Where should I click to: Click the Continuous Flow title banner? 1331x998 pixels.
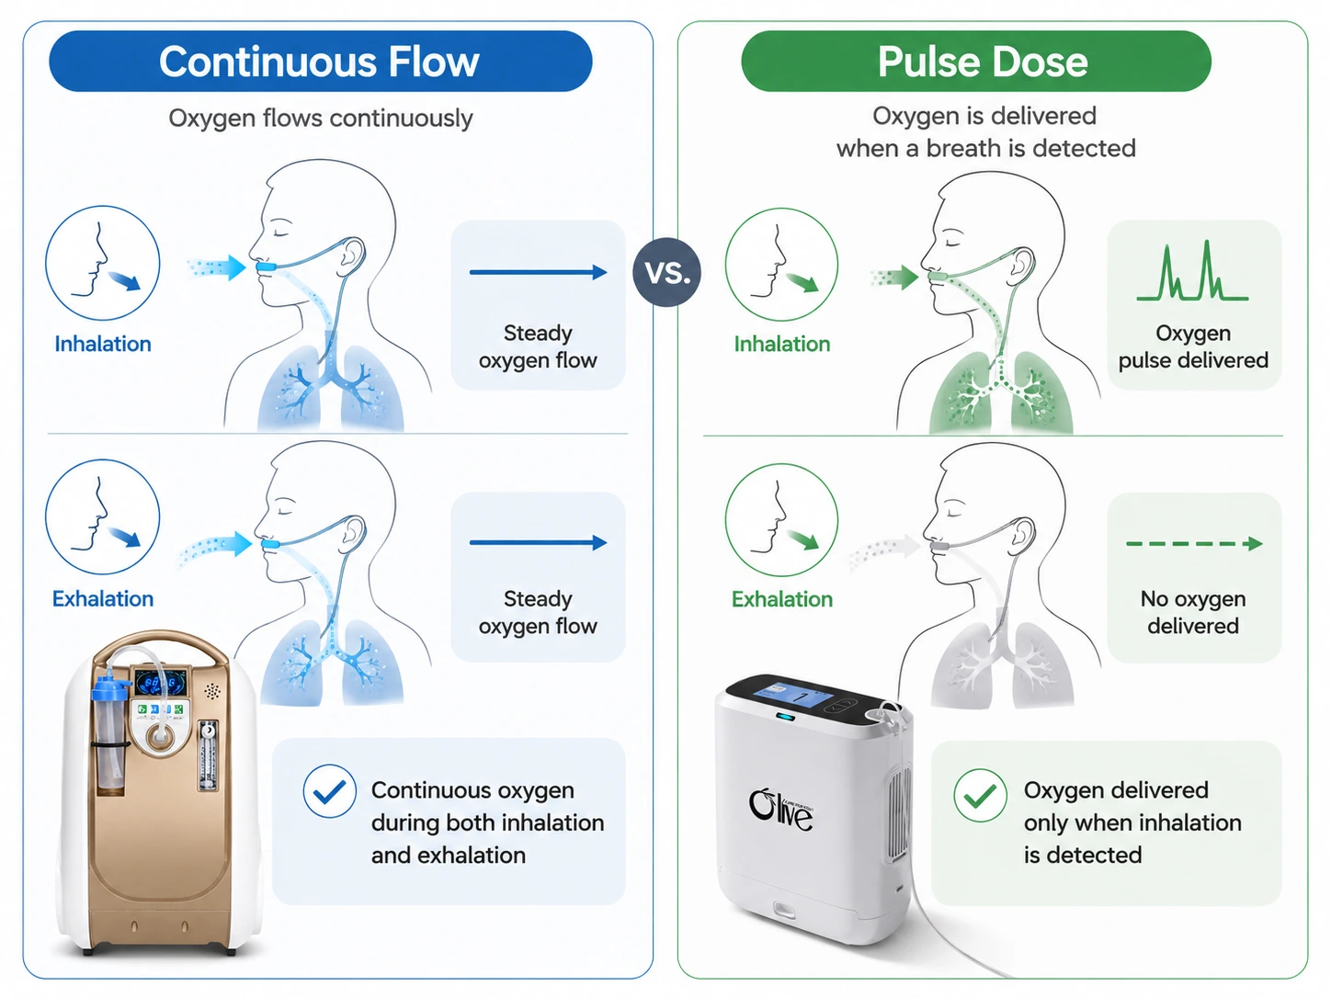pyautogui.click(x=320, y=62)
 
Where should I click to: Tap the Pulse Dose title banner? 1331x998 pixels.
pyautogui.click(x=976, y=62)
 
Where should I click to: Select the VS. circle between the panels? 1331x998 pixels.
pyautogui.click(x=666, y=272)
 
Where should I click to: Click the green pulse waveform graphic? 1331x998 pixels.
pyautogui.click(x=1192, y=271)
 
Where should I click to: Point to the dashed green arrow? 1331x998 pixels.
pyautogui.click(x=1194, y=543)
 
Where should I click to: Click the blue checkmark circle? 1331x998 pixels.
pyautogui.click(x=329, y=791)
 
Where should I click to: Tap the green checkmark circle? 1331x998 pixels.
pyautogui.click(x=980, y=795)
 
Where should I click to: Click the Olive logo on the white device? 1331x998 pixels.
pyautogui.click(x=780, y=811)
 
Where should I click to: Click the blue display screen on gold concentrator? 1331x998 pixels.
pyautogui.click(x=160, y=684)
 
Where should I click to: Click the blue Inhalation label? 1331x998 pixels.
pyautogui.click(x=103, y=345)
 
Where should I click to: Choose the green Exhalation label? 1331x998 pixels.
pyautogui.click(x=782, y=599)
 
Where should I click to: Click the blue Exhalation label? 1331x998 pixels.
pyautogui.click(x=103, y=598)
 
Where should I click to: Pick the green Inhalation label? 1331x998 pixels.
pyautogui.click(x=782, y=345)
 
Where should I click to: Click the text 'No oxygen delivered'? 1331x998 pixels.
pyautogui.click(x=1193, y=612)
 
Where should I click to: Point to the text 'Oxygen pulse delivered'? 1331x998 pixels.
pyautogui.click(x=1193, y=346)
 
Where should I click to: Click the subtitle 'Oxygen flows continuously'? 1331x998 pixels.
pyautogui.click(x=320, y=119)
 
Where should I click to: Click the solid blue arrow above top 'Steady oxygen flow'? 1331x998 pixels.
pyautogui.click(x=538, y=272)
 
